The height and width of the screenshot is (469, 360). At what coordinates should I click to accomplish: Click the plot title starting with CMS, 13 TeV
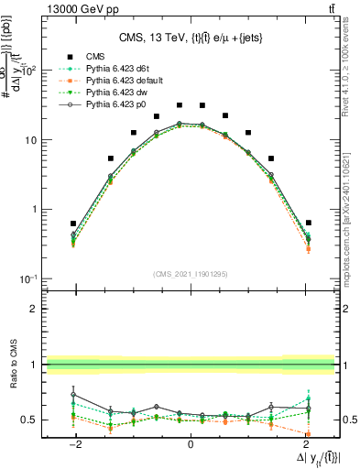click(x=190, y=38)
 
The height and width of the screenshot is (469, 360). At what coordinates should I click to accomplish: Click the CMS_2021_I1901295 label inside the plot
click(x=190, y=274)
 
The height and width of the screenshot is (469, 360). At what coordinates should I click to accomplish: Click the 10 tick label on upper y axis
click(x=33, y=140)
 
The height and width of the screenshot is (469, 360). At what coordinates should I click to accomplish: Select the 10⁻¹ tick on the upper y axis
click(x=31, y=278)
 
